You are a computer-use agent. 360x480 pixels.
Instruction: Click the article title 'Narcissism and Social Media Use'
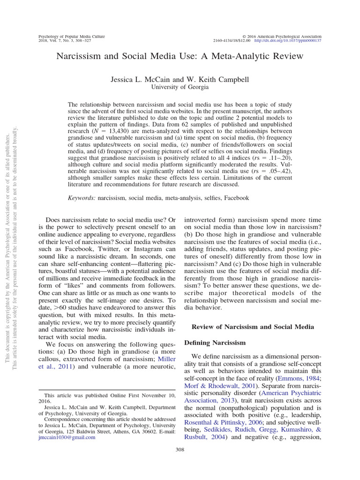tap(180, 56)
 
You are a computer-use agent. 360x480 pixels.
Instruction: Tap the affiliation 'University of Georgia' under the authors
tap(180, 87)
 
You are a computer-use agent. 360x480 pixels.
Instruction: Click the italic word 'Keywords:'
tap(82, 198)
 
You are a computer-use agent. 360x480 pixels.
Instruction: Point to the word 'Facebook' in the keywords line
tap(236, 198)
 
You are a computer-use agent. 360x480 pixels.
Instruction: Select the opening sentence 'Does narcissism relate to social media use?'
tap(106, 220)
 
